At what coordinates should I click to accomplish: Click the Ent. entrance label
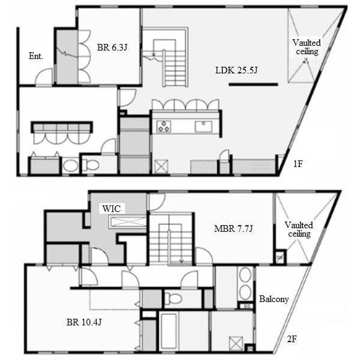[x=36, y=56]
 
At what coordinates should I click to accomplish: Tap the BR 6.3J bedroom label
[x=112, y=47]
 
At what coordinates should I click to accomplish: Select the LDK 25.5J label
[x=236, y=70]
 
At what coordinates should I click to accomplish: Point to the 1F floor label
[x=298, y=164]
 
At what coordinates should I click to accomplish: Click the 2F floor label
[x=292, y=339]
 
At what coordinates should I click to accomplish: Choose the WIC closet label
[x=111, y=209]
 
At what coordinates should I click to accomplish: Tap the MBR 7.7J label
[x=233, y=229]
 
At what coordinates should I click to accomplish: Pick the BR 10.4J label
[x=84, y=322]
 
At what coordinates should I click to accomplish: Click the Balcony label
[x=274, y=299]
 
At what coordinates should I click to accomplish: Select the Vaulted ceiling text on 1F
[x=307, y=47]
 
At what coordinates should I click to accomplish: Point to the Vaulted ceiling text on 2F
[x=299, y=229]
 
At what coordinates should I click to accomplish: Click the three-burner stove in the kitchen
[x=164, y=126]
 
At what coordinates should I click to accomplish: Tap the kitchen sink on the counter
[x=204, y=126]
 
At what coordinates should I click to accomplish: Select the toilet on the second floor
[x=173, y=298]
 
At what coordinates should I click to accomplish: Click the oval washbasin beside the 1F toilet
[x=70, y=166]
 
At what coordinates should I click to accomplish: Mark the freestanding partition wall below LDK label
[x=253, y=84]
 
